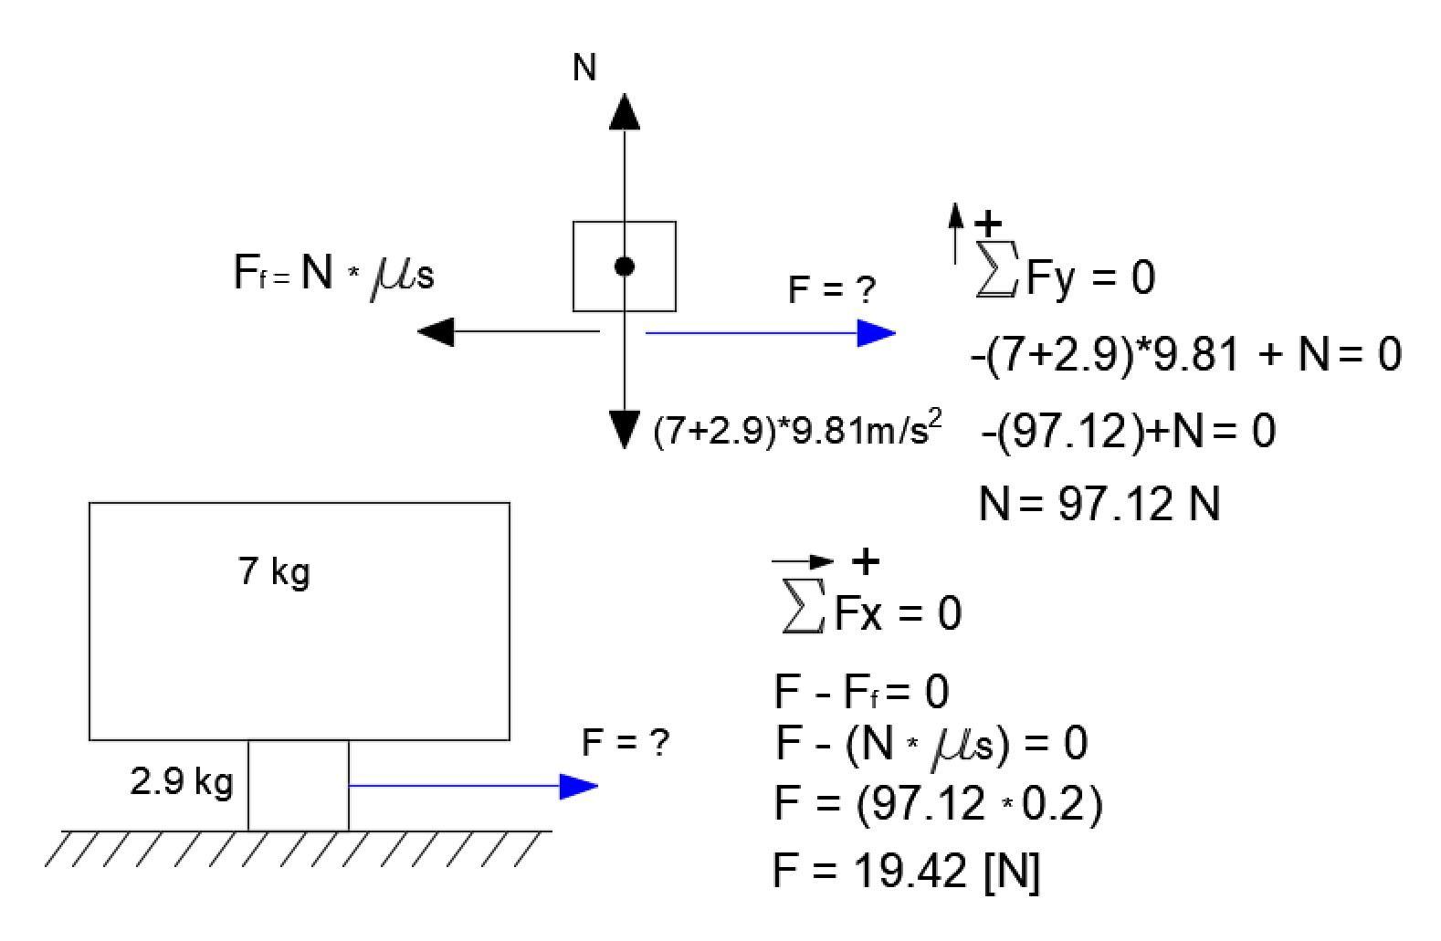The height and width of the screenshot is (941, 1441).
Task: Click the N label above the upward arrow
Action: click(x=584, y=68)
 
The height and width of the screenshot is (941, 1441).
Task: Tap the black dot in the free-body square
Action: click(x=625, y=267)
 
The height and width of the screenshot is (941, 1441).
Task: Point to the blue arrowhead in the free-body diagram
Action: click(x=877, y=333)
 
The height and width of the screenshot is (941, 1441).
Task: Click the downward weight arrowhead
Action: click(x=625, y=429)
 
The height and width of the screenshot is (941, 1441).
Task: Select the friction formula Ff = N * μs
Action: click(x=334, y=273)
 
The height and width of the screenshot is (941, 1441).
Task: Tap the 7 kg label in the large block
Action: click(x=274, y=571)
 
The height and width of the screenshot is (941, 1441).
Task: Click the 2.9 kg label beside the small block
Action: click(x=182, y=782)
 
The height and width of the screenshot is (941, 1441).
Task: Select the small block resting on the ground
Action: click(x=299, y=786)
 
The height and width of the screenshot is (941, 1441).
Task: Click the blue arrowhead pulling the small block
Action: click(x=578, y=786)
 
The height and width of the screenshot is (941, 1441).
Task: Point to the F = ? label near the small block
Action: click(x=626, y=743)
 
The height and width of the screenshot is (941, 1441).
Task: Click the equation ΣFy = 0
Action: click(x=1065, y=277)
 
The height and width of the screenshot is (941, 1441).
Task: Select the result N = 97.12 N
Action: click(x=1099, y=504)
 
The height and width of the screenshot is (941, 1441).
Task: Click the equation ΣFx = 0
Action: click(x=872, y=612)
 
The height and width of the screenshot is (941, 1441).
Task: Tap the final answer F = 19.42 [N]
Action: click(x=906, y=871)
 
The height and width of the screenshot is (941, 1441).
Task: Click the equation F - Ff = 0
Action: click(x=861, y=692)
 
